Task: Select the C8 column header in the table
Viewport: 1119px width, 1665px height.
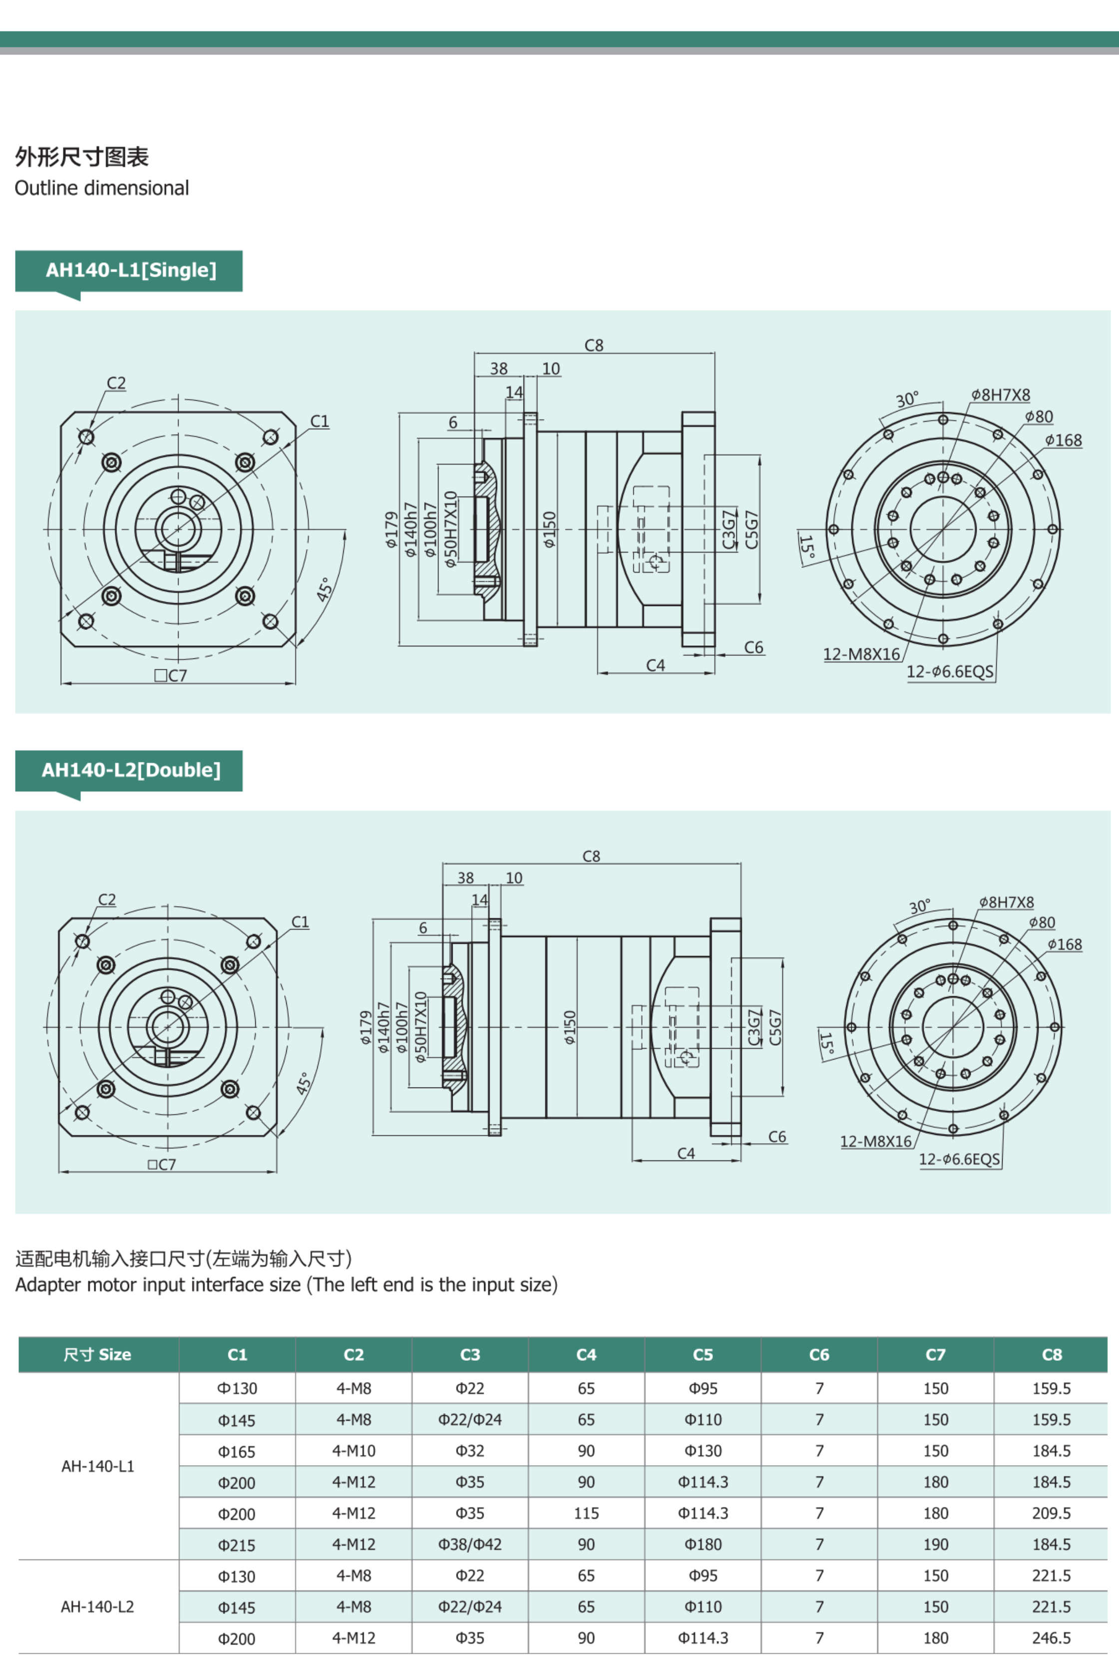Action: coord(1051,1355)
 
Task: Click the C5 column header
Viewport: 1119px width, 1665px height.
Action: coord(702,1355)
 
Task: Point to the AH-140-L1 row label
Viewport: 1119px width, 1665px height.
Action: coord(98,1467)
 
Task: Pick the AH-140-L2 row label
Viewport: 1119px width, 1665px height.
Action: coord(98,1607)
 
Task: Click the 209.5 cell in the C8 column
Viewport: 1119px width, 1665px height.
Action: coord(1051,1513)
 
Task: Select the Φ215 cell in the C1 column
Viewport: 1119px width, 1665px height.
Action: coord(237,1545)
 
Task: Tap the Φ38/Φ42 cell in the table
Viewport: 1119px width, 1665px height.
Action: coord(470,1545)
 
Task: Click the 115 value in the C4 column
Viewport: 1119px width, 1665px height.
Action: coord(586,1513)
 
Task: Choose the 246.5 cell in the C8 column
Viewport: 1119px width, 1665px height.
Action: coord(1051,1638)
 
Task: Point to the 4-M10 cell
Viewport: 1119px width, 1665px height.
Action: coord(353,1451)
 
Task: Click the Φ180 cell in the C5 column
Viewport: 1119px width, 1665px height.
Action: coord(702,1545)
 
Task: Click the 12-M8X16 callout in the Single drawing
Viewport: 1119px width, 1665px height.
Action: coord(861,654)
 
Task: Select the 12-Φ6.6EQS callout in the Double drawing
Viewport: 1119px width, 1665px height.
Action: coord(959,1159)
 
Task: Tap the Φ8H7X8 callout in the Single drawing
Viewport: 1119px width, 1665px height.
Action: coord(1001,395)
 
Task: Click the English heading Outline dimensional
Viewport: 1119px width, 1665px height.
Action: coord(102,188)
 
